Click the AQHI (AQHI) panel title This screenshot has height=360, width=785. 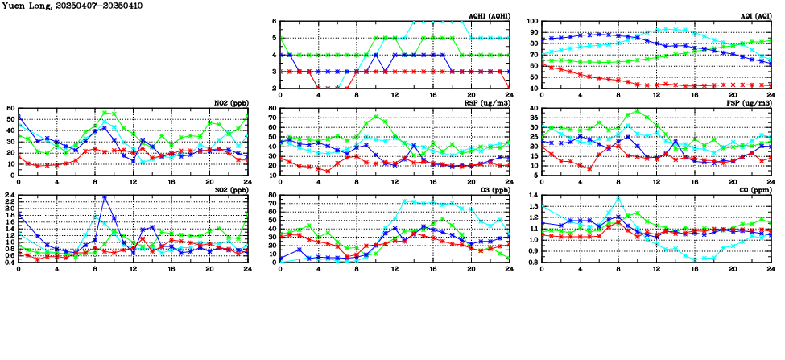(x=488, y=16)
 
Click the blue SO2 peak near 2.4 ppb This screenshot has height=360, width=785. (x=105, y=196)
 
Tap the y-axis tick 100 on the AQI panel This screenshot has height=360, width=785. (x=533, y=23)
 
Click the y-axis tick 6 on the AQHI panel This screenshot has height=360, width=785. (x=274, y=23)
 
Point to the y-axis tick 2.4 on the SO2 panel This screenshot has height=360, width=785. (x=10, y=195)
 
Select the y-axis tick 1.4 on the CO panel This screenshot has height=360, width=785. (x=533, y=195)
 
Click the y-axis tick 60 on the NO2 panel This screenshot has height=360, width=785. (x=11, y=109)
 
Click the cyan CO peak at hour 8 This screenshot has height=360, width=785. (x=618, y=197)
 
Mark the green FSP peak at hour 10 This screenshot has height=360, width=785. (x=638, y=111)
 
